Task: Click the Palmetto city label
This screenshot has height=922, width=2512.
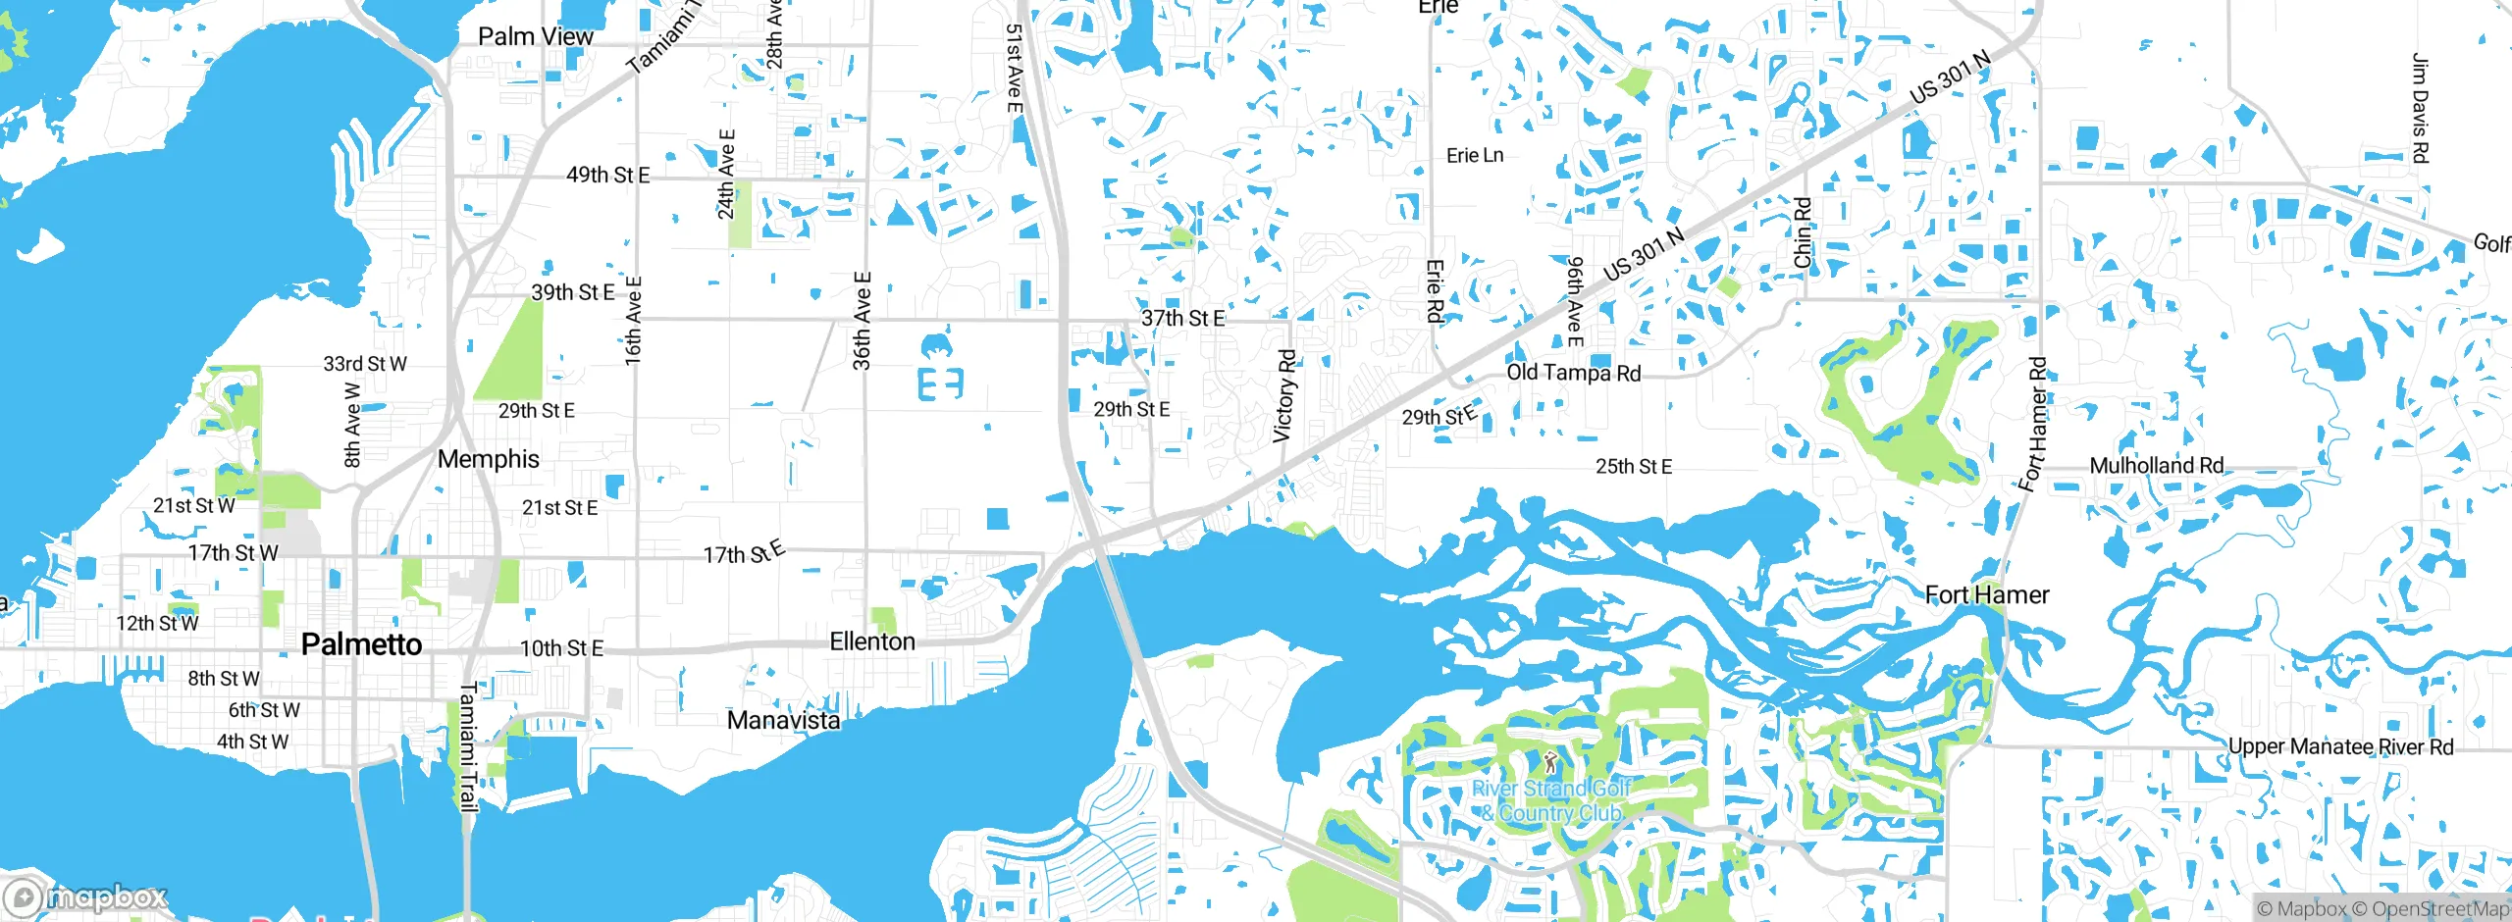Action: [x=361, y=644]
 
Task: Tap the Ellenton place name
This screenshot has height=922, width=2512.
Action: [x=872, y=641]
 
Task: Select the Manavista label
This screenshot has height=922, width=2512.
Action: [x=783, y=720]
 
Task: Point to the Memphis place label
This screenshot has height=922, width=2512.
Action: [x=489, y=459]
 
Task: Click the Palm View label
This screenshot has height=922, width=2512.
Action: [x=536, y=36]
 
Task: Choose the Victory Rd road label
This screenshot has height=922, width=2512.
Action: [x=1284, y=395]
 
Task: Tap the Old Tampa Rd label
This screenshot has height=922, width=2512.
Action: [x=1573, y=373]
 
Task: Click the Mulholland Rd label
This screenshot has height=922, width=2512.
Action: [x=2156, y=465]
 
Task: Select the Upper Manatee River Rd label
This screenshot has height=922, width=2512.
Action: [x=2340, y=746]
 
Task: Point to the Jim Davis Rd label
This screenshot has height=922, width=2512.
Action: [x=2420, y=108]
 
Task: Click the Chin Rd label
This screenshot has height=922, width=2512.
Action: [x=1803, y=232]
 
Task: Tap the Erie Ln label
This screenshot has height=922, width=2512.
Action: [x=1475, y=155]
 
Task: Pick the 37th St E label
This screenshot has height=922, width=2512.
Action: [x=1182, y=318]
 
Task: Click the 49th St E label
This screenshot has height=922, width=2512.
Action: [x=607, y=175]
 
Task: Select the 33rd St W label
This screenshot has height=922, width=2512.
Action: [x=365, y=364]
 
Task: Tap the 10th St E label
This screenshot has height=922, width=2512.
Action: [x=561, y=648]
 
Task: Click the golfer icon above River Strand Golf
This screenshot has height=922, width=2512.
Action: [x=1550, y=762]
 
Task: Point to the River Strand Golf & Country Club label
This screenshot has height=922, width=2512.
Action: [x=1551, y=800]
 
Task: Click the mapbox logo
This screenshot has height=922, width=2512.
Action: [x=86, y=896]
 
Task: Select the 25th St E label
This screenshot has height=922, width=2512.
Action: [x=1634, y=466]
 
